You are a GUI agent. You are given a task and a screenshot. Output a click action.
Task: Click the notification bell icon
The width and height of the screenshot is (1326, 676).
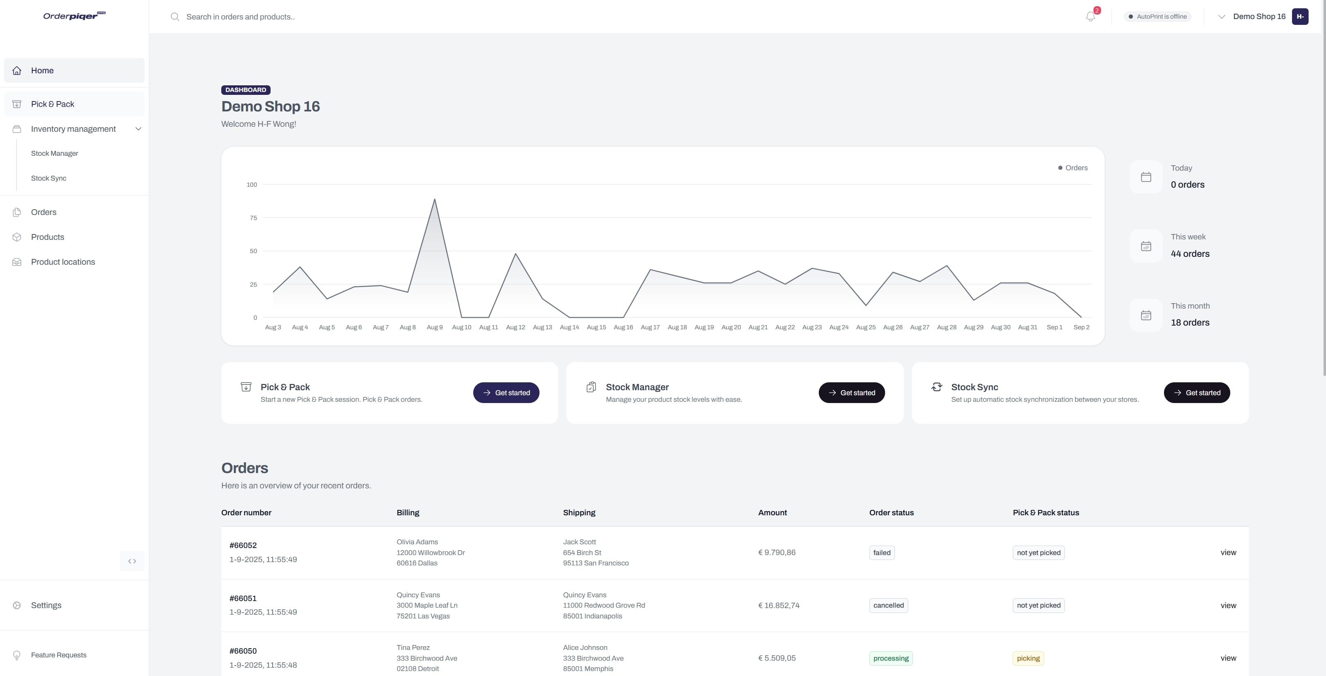[1090, 17]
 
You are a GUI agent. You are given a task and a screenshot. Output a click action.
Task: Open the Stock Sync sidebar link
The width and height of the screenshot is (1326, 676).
[48, 178]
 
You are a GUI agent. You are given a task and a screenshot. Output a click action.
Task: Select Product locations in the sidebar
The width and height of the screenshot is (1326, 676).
[63, 262]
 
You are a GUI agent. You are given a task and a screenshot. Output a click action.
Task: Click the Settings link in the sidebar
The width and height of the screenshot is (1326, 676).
[46, 605]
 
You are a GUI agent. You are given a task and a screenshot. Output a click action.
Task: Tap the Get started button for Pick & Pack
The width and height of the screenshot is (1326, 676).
[506, 393]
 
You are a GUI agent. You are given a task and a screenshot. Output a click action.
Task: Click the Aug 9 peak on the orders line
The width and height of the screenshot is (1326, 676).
[434, 199]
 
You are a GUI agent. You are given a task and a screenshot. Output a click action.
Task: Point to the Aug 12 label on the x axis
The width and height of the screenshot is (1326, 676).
[515, 327]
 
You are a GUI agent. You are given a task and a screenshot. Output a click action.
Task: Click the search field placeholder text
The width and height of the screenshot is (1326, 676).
[240, 17]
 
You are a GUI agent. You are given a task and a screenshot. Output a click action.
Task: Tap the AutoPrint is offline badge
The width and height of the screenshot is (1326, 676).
[1158, 17]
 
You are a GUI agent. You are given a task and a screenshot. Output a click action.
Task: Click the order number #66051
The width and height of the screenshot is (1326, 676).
[243, 598]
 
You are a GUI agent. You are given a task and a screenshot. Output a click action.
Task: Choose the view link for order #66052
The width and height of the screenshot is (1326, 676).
[1228, 553]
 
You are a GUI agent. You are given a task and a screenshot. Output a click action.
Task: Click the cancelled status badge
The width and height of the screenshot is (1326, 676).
[888, 606]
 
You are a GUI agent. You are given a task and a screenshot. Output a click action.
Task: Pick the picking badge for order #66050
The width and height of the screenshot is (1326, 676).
[1028, 659]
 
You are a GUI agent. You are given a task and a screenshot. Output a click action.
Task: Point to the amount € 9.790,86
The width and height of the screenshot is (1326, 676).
[777, 553]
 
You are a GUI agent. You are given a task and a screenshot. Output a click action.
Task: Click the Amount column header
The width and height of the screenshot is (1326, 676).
[772, 512]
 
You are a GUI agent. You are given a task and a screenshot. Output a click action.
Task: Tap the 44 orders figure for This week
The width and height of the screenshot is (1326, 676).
[1190, 254]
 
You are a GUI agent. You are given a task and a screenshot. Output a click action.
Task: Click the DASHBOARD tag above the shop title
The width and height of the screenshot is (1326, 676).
[246, 90]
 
